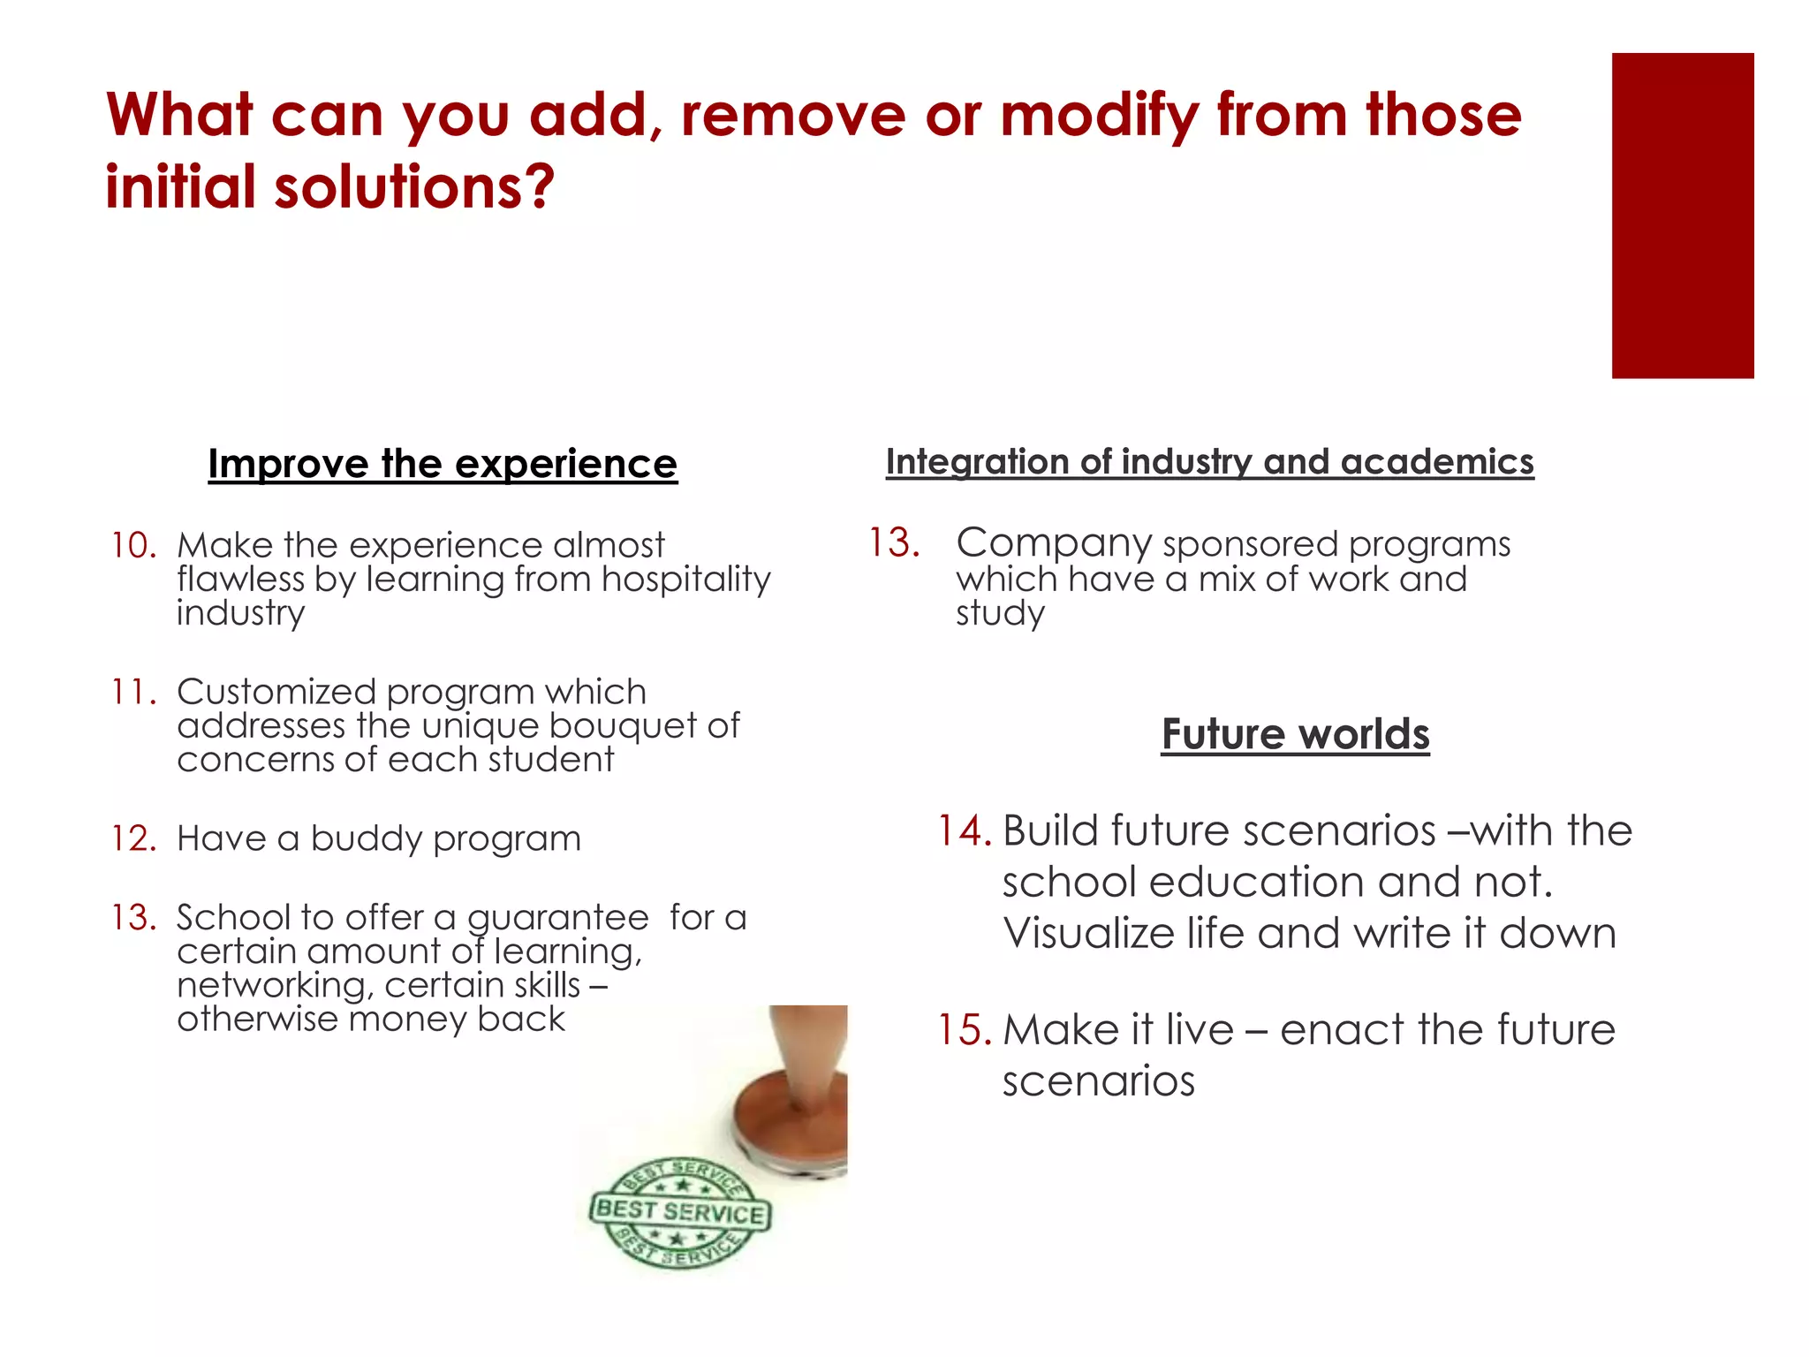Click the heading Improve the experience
[443, 464]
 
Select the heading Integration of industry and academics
[1209, 462]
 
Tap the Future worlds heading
[1295, 734]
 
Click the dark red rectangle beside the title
[1682, 216]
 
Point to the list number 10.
[133, 546]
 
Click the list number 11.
[133, 692]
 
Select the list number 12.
[133, 838]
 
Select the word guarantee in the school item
[557, 918]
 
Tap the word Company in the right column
[1053, 543]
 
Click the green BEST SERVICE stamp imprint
[680, 1212]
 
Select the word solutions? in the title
[414, 187]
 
